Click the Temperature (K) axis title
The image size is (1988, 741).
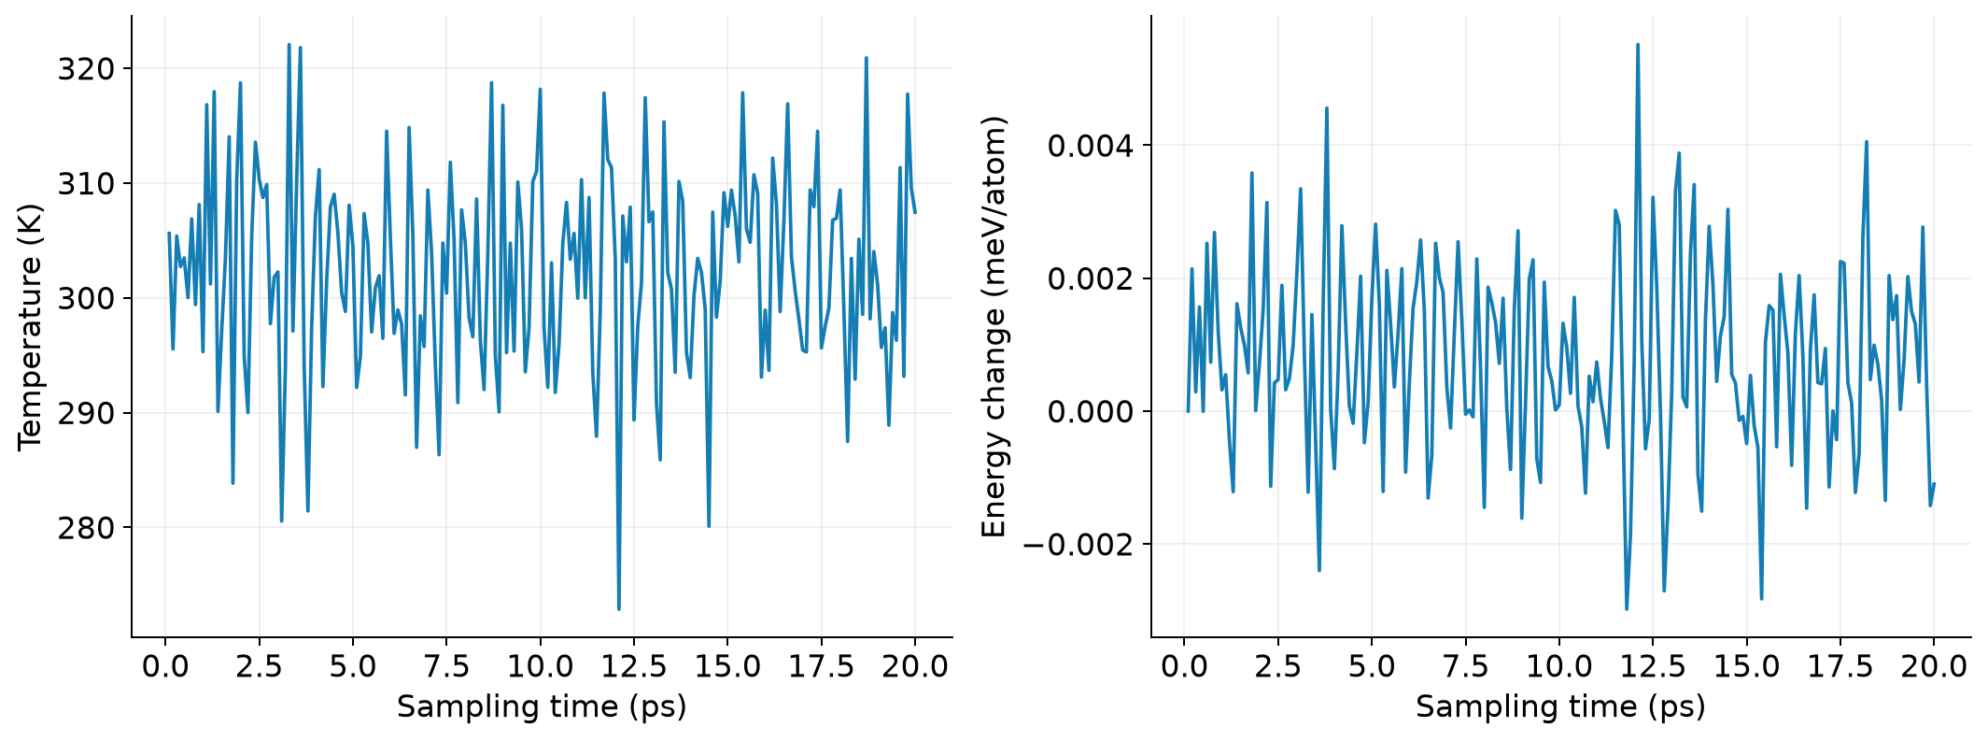pos(31,326)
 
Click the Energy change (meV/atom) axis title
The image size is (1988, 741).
pos(994,326)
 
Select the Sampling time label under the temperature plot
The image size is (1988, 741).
pos(542,706)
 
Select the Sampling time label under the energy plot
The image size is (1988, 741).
pos(1560,706)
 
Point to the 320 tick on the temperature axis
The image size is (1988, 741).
pos(87,69)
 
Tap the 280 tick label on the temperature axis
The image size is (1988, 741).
pos(87,528)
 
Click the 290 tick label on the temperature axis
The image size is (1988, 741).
pos(87,413)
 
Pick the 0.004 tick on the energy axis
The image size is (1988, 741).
pos(1091,146)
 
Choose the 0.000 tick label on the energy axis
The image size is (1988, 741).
pos(1091,412)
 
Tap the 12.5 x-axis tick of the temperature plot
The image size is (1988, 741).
pos(633,666)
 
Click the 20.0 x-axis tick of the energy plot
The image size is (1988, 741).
pos(1933,666)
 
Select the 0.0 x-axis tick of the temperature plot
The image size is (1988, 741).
pos(165,666)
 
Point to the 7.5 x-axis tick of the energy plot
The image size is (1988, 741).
pos(1465,666)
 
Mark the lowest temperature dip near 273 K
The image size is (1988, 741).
pos(618,609)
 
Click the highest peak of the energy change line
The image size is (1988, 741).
pos(1637,44)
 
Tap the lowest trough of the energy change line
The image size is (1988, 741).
pos(1626,609)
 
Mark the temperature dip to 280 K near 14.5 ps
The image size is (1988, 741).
pos(709,526)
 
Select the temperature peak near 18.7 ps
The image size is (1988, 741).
pos(866,58)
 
